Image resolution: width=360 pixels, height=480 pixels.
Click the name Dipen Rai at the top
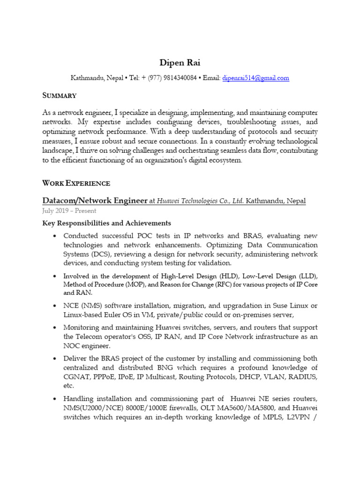[180, 62]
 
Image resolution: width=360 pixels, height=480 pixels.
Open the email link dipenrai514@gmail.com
[255, 78]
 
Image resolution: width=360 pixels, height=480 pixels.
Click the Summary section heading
[60, 95]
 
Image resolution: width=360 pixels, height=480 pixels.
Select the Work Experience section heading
[76, 183]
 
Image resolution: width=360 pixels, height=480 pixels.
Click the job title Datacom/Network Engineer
[95, 201]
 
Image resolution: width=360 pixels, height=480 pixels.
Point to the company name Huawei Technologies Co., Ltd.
[200, 201]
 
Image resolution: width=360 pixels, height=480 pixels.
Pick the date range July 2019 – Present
[69, 211]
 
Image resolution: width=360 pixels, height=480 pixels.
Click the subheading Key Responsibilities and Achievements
[107, 223]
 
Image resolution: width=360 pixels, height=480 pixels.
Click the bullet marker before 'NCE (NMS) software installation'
[55, 306]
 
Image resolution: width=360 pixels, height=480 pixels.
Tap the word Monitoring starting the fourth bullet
[81, 327]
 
